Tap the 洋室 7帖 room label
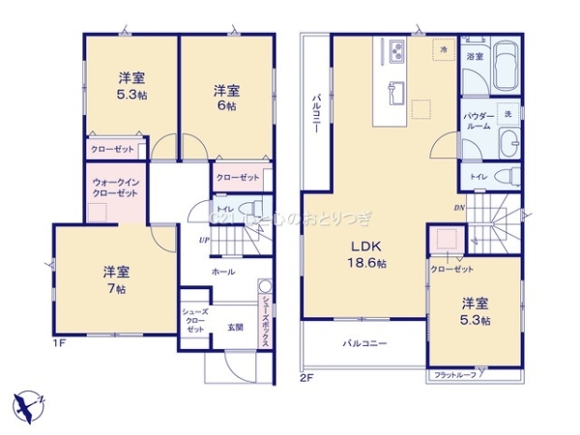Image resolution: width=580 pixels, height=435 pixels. pyautogui.click(x=116, y=280)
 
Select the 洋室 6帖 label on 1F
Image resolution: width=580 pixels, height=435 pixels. pyautogui.click(x=227, y=98)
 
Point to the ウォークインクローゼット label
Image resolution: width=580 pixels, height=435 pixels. pyautogui.click(x=115, y=187)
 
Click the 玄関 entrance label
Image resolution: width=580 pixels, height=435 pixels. pyautogui.click(x=235, y=326)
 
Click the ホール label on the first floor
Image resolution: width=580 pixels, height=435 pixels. pyautogui.click(x=223, y=273)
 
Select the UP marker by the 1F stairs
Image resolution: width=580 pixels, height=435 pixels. pyautogui.click(x=204, y=240)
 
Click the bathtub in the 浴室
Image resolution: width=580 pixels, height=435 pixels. pyautogui.click(x=506, y=68)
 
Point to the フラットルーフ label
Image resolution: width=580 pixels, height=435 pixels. pyautogui.click(x=454, y=374)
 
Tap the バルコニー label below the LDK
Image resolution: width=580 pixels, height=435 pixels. pyautogui.click(x=363, y=343)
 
